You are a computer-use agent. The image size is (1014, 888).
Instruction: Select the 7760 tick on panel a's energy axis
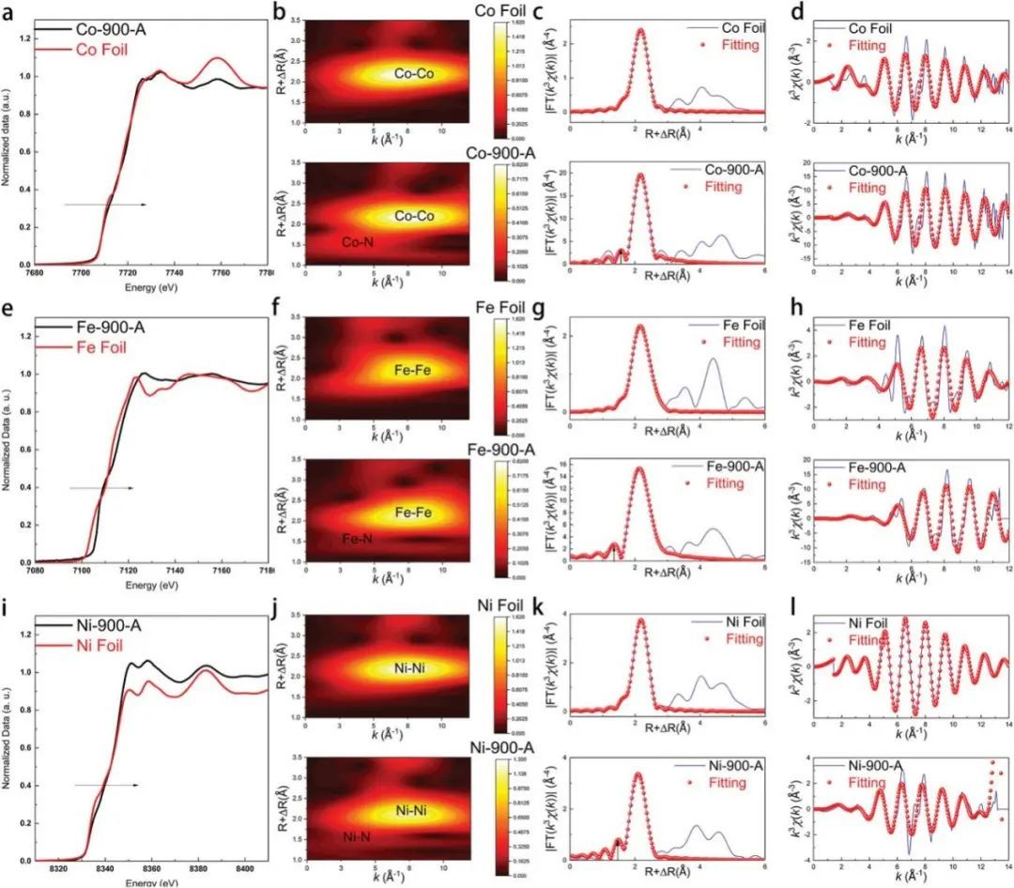tap(222, 274)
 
